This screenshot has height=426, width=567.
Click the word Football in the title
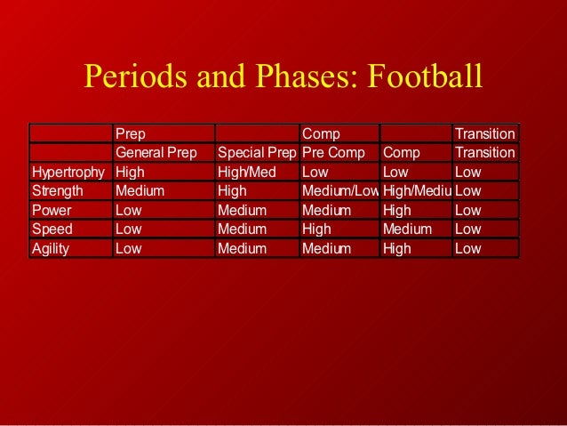point(422,77)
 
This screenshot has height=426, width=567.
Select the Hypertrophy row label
point(68,172)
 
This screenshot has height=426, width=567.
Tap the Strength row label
point(58,191)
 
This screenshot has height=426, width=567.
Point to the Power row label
point(52,211)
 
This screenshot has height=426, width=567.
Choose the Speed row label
point(52,229)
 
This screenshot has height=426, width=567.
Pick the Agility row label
point(51,249)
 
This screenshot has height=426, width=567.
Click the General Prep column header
point(156,153)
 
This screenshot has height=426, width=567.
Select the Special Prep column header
point(257,153)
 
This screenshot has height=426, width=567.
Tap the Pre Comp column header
point(333,153)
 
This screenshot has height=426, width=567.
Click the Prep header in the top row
point(132,133)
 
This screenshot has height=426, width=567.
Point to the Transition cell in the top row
point(484,133)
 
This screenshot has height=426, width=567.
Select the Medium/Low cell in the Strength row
point(340,191)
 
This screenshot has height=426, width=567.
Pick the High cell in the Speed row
point(317,229)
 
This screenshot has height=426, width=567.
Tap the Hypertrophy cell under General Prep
point(131,172)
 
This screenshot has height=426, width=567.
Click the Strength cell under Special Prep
point(232,191)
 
